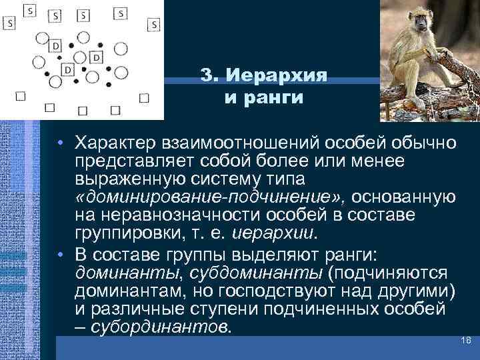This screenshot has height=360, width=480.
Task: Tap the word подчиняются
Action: click(x=399, y=273)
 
